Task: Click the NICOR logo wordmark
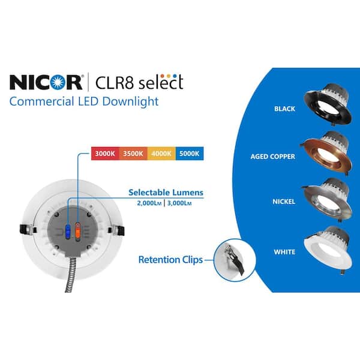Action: pos(46,82)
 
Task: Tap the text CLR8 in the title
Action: pos(114,82)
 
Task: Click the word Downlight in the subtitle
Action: pos(130,101)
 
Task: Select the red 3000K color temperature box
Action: pos(105,154)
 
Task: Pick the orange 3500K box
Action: pos(133,154)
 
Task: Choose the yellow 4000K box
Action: pos(161,154)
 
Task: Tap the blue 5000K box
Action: pos(190,154)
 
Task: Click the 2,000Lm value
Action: pos(149,203)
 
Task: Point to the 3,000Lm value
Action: pos(179,203)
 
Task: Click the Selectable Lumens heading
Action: pos(166,193)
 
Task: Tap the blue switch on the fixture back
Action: pos(68,232)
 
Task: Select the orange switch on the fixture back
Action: pos(77,232)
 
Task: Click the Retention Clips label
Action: pos(170,260)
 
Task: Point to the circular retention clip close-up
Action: pos(235,260)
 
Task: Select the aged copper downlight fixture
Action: pos(326,152)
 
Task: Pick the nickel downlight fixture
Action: pos(327,199)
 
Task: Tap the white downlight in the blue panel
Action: pos(327,249)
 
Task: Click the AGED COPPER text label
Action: pos(273,157)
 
